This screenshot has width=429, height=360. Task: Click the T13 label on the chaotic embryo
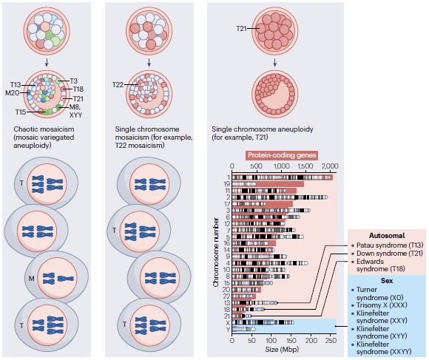16,85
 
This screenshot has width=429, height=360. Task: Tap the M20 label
13,93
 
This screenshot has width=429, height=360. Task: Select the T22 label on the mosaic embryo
118,85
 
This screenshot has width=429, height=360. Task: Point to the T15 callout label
21,112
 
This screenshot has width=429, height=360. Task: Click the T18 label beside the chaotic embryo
78,89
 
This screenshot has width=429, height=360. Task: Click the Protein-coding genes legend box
282,155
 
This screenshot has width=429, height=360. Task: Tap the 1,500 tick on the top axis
305,166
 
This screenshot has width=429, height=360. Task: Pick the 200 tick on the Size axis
311,340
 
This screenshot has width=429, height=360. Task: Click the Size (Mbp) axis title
282,349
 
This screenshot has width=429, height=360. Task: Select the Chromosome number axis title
216,252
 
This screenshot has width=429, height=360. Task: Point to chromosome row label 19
227,184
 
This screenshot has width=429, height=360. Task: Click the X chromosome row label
228,323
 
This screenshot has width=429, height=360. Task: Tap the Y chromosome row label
228,330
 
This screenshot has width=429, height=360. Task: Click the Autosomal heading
387,236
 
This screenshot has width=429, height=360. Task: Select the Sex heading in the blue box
387,281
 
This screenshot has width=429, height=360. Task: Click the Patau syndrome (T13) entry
390,245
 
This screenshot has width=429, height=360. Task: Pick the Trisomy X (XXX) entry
382,305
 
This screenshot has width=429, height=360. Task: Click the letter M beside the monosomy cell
32,279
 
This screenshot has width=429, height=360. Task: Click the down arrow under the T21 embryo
274,63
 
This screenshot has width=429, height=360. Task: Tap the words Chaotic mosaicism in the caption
44,129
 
